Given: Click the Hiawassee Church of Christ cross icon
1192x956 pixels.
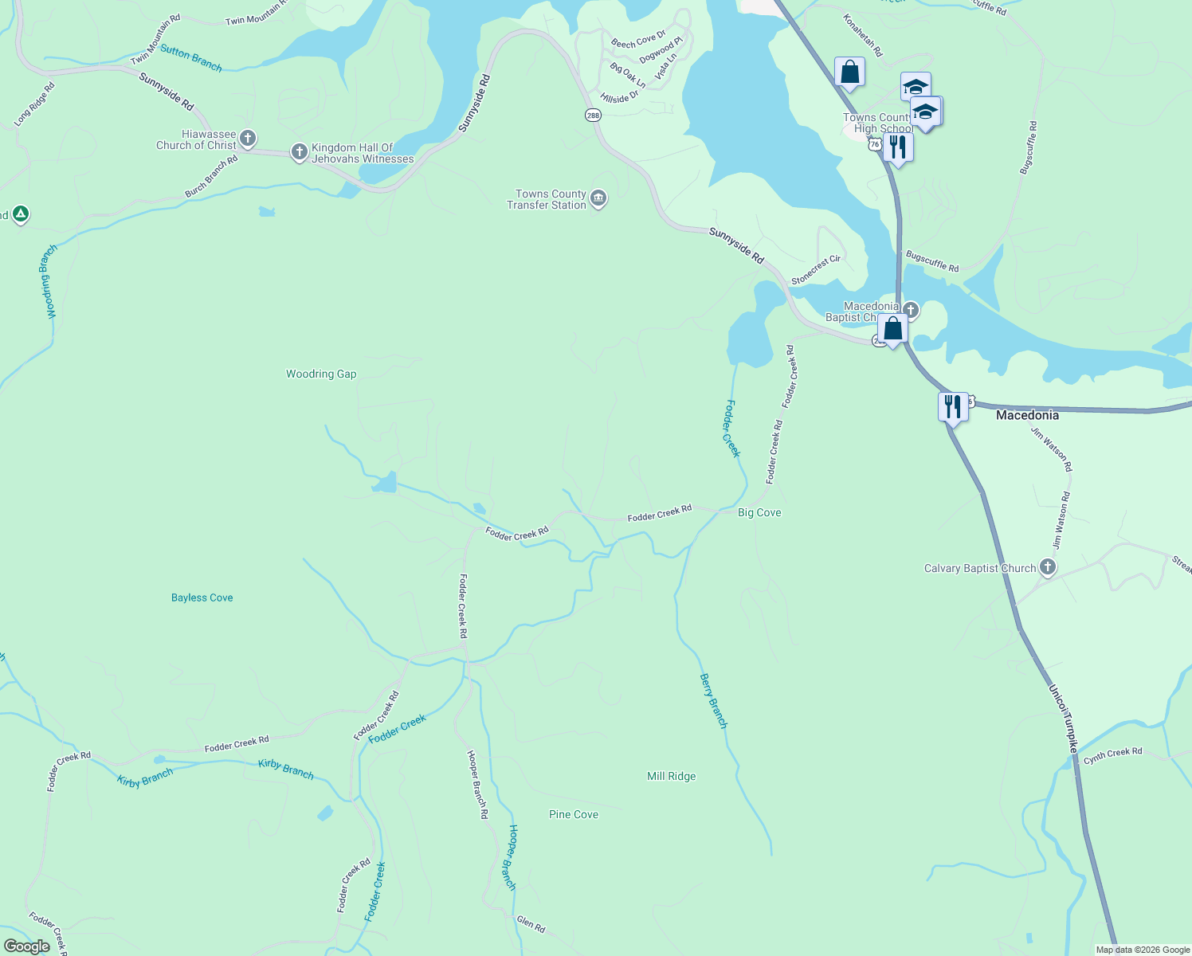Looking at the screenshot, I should (247, 139).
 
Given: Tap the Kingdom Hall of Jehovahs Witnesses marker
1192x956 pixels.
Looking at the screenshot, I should (299, 152).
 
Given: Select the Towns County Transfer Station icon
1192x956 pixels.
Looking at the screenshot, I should (598, 199).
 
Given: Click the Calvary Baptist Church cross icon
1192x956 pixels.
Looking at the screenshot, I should (1048, 567).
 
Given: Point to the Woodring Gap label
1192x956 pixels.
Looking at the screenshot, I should (321, 374).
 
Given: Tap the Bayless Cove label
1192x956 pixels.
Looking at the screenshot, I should (202, 597).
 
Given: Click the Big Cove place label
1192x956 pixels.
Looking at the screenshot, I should (759, 512).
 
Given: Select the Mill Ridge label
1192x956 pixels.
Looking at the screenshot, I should (671, 776).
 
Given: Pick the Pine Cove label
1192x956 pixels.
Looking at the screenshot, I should (573, 814).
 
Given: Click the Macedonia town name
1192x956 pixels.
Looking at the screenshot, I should (1027, 415).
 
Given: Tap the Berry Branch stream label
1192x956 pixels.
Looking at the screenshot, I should (713, 701).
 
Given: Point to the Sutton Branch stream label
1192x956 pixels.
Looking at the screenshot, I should (191, 58).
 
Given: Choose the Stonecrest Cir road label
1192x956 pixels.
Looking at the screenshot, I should (816, 270).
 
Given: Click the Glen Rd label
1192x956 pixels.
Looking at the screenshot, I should (531, 924).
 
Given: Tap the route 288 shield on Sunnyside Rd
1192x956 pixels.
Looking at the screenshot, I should (592, 115).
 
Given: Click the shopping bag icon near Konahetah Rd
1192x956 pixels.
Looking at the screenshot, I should (849, 72).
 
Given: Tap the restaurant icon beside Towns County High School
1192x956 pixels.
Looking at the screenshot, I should (898, 147).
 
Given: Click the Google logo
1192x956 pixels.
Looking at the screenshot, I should (27, 946).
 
